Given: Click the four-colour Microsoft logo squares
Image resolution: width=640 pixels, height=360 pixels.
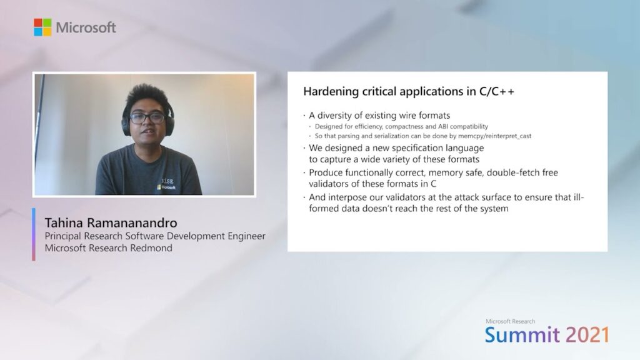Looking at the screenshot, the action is click(42, 27).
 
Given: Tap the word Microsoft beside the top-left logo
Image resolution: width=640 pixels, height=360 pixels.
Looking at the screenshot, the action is click(86, 27).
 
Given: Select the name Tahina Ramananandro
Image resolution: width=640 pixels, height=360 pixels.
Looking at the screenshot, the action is click(111, 223).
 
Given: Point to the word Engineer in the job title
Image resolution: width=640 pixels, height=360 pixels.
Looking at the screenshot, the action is click(246, 236).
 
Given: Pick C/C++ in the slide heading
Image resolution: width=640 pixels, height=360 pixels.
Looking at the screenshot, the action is click(497, 91).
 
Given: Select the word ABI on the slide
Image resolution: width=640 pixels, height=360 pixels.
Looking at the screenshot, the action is click(443, 126).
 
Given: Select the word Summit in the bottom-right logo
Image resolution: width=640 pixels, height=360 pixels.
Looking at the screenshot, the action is click(522, 335).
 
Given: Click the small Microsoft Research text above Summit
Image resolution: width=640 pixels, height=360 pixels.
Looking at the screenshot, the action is click(510, 321).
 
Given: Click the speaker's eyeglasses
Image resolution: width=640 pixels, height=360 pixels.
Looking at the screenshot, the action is click(147, 117).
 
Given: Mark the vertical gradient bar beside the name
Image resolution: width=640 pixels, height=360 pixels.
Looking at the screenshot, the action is click(34, 234).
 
